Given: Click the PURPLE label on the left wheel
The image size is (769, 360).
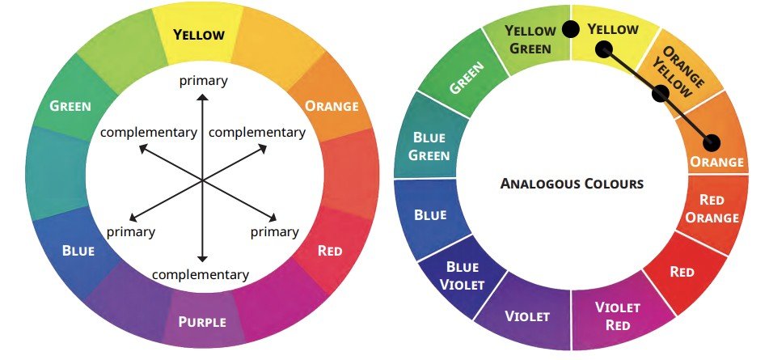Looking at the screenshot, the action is [202, 322].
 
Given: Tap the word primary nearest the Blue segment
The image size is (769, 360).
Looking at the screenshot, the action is [131, 232].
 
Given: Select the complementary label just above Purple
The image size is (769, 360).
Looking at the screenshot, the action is [201, 275].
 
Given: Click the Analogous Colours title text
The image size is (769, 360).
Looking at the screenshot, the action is [572, 184].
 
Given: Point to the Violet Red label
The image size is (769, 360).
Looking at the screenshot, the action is [618, 316].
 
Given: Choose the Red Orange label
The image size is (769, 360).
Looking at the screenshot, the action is [712, 209].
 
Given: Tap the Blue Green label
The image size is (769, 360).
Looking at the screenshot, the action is [429, 146].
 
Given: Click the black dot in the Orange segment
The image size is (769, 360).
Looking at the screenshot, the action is [711, 142].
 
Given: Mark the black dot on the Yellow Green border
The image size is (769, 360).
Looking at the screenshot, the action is [570, 29].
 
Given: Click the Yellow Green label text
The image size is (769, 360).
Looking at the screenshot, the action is [530, 40].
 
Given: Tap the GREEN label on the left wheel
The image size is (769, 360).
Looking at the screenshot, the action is [70, 105].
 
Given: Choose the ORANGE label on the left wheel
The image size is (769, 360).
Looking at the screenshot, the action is [332, 105].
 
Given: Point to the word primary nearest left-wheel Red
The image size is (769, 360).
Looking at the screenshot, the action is [275, 232].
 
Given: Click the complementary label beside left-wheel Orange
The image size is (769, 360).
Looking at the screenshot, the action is [257, 133].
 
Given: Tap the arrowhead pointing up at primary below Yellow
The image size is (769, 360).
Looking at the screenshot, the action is [202, 96].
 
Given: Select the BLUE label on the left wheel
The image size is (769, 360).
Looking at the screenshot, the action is [78, 250].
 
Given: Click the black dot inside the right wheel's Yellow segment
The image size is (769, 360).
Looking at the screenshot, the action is [604, 49].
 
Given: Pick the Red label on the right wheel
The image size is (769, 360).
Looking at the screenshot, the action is [682, 272].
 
